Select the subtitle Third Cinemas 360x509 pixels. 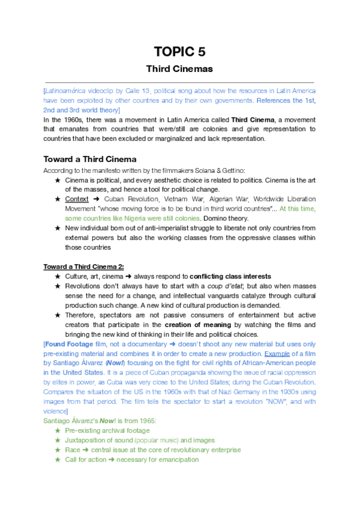(180, 68)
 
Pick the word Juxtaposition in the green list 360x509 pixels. (89, 440)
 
